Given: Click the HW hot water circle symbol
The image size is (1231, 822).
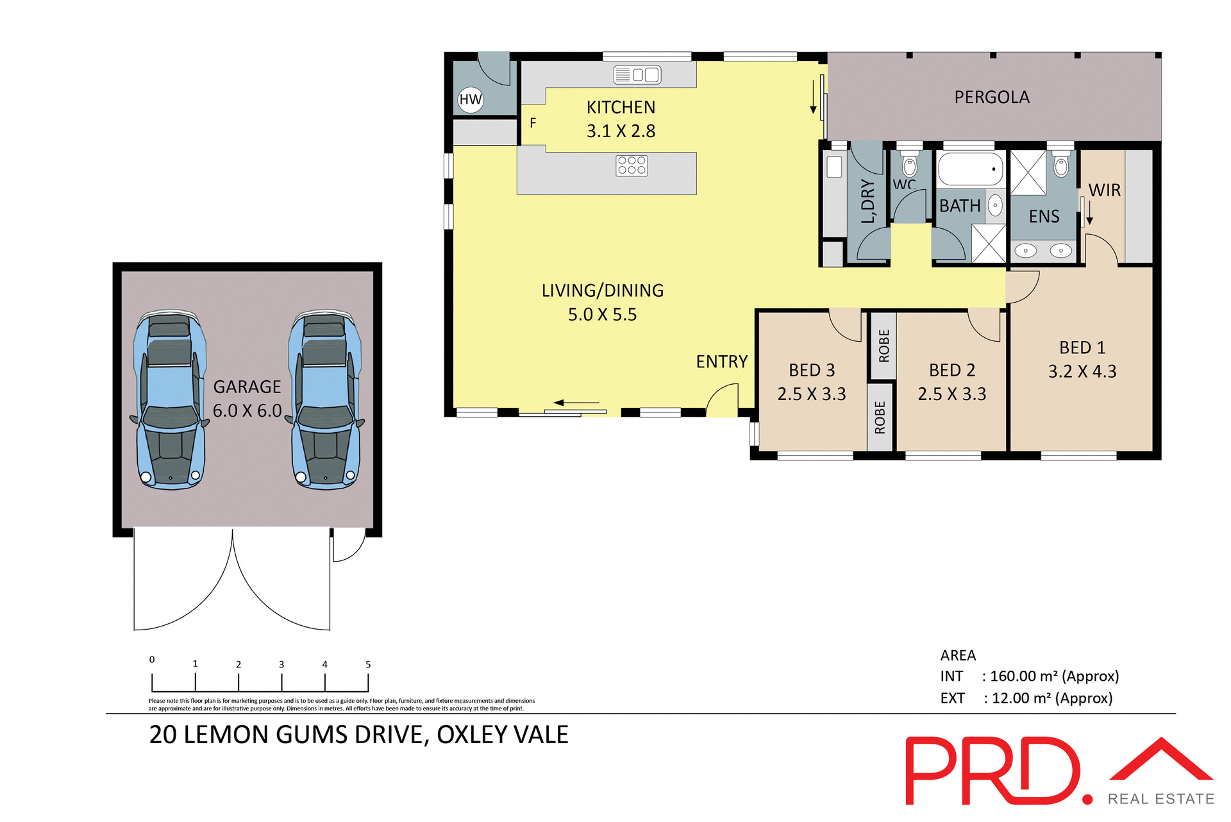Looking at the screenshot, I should coord(471,99).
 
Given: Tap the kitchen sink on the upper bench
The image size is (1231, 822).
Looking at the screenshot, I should coord(637,75).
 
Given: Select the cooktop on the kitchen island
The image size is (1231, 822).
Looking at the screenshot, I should coord(632,165).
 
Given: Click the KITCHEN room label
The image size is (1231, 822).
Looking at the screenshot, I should coord(621,107).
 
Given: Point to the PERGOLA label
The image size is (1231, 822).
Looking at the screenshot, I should coord(992,97).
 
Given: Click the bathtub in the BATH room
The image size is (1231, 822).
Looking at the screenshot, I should coord(970,169).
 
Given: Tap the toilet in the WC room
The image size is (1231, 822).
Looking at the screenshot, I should coord(909,165).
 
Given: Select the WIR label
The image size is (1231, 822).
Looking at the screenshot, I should coord(1105,190).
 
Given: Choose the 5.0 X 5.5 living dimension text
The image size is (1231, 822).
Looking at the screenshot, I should coord(602,315).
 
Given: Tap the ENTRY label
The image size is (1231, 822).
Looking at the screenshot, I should coord(722,362).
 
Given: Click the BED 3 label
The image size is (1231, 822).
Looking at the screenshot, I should coord(812,371).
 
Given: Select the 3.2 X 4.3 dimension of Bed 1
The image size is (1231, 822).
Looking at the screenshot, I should coord(1082,372).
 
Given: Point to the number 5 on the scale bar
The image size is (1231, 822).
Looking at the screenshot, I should coord(368,664).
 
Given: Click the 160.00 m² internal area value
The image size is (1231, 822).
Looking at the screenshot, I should coord(1023,676).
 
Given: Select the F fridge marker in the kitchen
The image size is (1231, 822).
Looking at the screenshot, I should coord(533,122).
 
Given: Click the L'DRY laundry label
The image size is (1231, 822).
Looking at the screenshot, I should coord(867,201).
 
